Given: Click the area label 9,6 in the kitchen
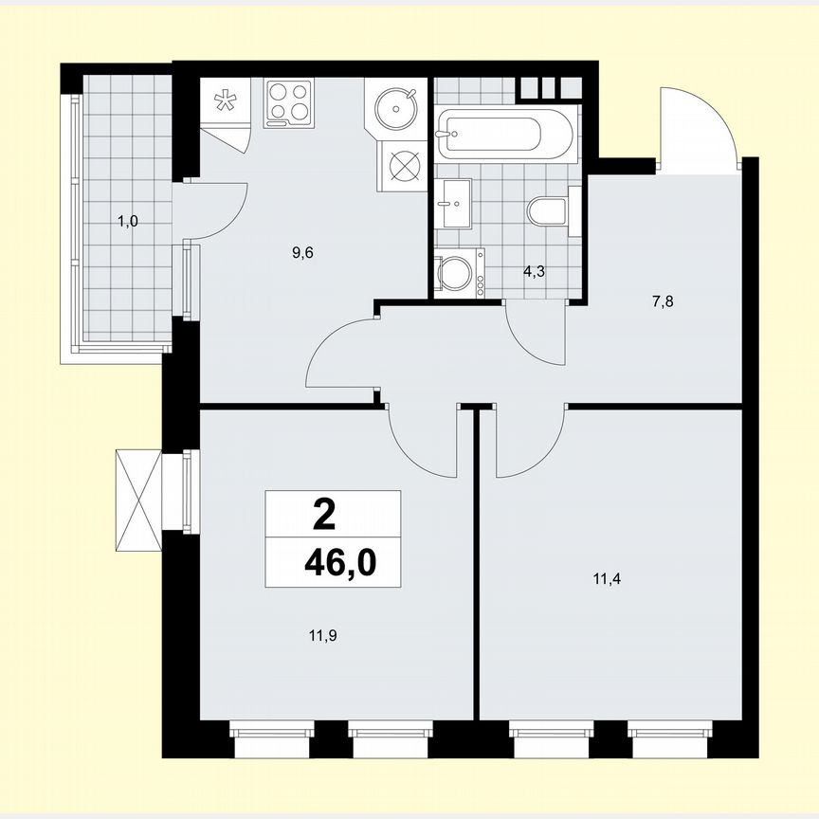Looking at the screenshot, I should click(x=303, y=252).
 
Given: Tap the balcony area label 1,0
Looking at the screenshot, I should click(x=127, y=222).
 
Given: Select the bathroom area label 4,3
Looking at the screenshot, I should click(x=536, y=271).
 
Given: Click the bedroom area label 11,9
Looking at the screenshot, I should click(x=324, y=635).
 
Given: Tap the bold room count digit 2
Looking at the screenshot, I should click(x=323, y=516).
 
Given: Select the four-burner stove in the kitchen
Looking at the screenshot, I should click(x=289, y=101).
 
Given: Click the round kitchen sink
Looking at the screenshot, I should click(x=392, y=105).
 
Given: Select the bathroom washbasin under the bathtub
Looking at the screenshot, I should click(x=455, y=202).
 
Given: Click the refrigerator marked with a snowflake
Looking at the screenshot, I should click(x=226, y=104).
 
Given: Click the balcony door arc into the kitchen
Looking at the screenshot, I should click(x=220, y=209).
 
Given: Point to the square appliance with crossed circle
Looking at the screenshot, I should click(x=404, y=164).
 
